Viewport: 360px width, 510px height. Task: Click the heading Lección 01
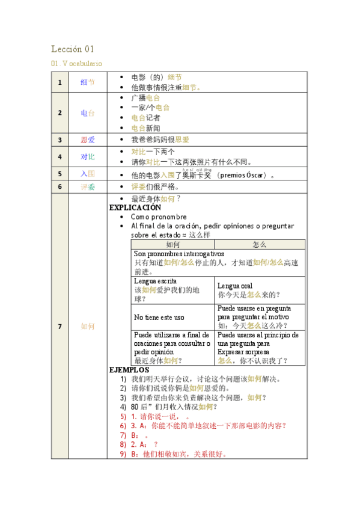pos(73,49)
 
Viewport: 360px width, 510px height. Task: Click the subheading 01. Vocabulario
pos(76,63)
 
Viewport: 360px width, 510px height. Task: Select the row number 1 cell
pos(59,82)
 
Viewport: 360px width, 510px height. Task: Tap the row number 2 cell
pos(59,112)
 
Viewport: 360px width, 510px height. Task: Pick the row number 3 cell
pos(59,140)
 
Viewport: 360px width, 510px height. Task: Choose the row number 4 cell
pos(59,156)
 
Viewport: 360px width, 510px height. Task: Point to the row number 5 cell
pos(59,174)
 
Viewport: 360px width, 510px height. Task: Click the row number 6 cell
pos(59,187)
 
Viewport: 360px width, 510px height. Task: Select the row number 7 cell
pos(59,326)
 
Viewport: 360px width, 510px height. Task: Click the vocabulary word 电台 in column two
pos(88,112)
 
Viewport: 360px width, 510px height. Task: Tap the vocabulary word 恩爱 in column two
pos(88,140)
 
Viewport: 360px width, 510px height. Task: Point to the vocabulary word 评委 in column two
pos(88,187)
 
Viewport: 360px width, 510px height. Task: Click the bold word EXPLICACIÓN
pos(135,207)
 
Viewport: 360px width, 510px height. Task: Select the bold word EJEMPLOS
pos(129,370)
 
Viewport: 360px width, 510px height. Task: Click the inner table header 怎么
pos(260,245)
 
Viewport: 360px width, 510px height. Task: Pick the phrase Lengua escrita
pos(155,281)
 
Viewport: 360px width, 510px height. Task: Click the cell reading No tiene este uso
pos(159,317)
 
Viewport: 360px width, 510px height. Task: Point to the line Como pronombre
pos(159,217)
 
